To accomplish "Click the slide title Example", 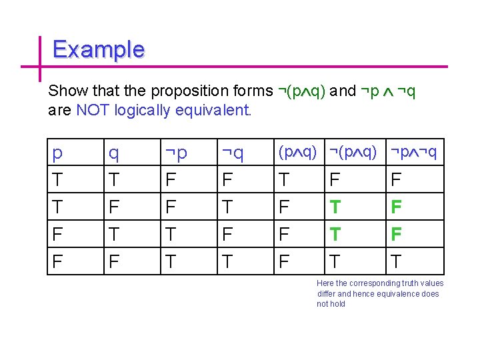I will pos(98,49).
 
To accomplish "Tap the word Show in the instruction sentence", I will pos(65,91).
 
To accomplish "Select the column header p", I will pos(57,153).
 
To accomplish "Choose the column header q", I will pos(114,153).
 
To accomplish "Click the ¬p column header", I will pos(176,153).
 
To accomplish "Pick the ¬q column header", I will pos(233,153).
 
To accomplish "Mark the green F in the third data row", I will pos(396,234).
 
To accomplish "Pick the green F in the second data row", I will pos(396,207).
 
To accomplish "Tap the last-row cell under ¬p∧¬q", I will pos(396,261).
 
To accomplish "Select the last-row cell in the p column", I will pos(57,261).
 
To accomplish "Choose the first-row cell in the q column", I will pos(114,179).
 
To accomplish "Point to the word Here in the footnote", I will pos(325,283).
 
